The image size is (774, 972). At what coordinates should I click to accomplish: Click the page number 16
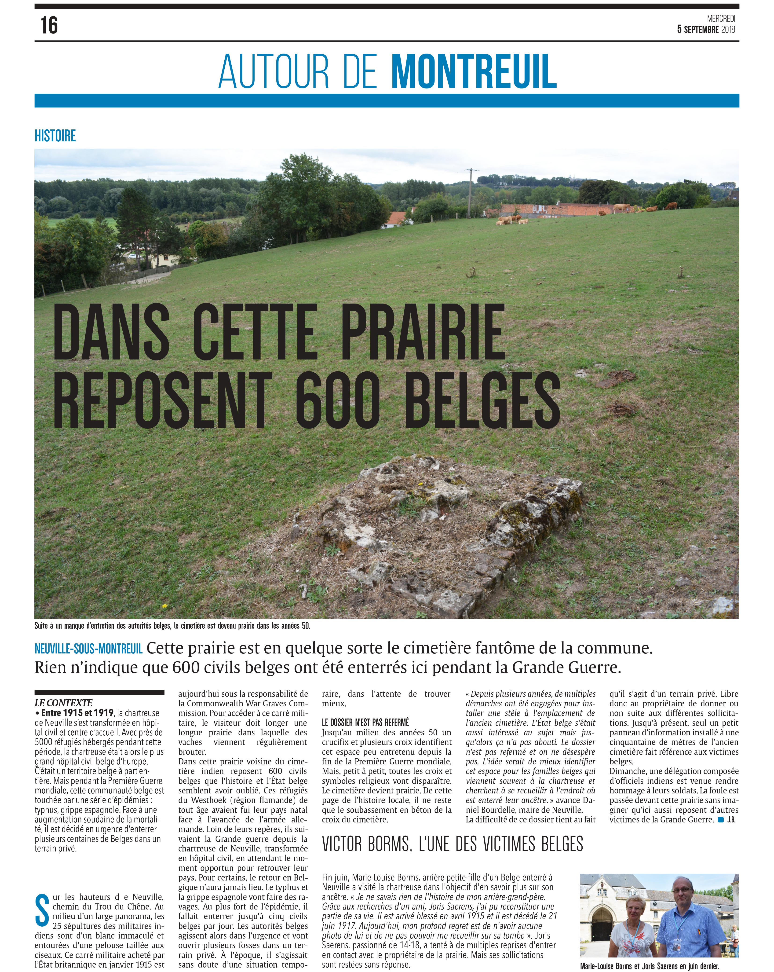(x=49, y=25)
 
